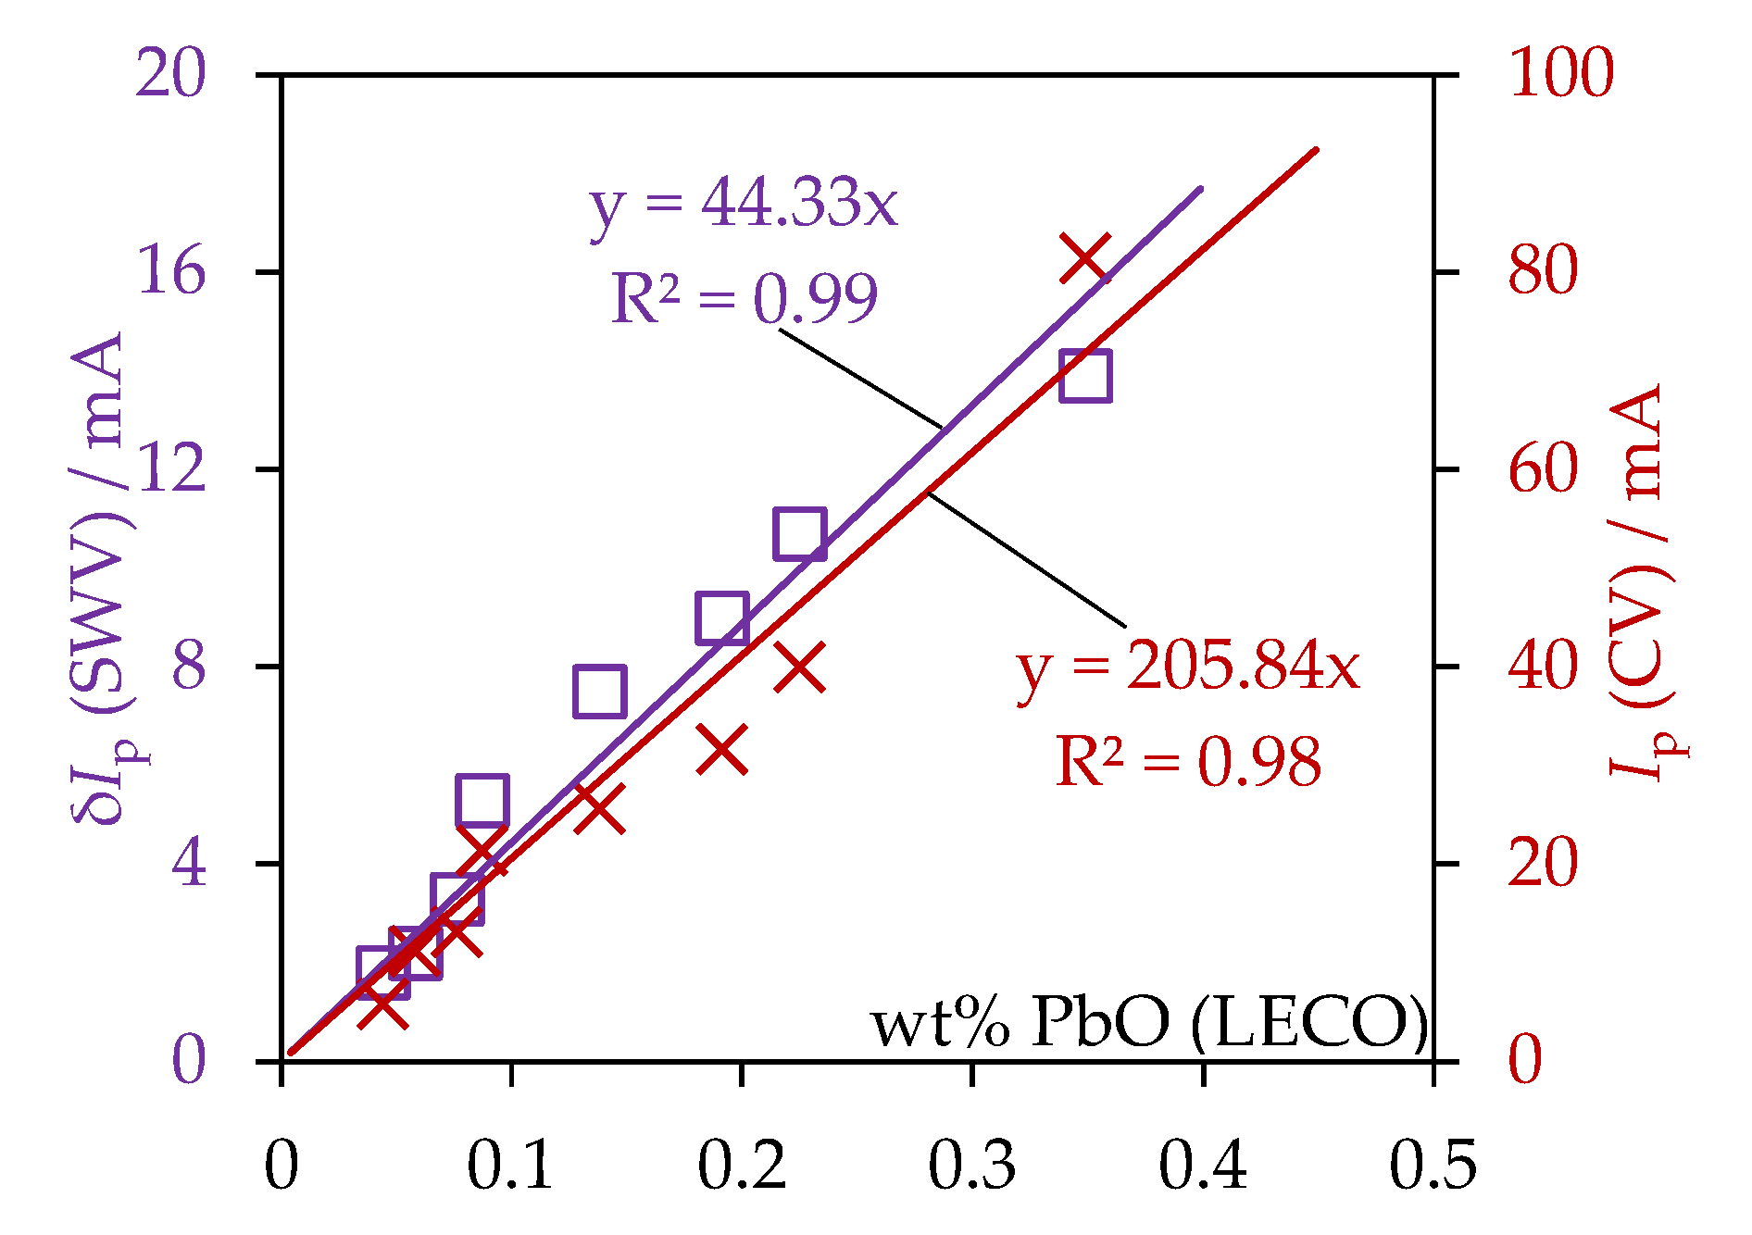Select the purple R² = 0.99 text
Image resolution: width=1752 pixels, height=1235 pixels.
point(744,298)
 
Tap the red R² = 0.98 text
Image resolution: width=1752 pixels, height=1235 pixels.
point(1188,762)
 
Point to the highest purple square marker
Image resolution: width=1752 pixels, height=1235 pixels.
point(1085,376)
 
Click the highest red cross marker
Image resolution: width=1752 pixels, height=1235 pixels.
point(1084,257)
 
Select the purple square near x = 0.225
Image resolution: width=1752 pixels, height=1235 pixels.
point(800,533)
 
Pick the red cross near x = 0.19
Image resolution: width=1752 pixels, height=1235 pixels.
point(721,749)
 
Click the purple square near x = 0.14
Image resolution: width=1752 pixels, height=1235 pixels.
point(599,691)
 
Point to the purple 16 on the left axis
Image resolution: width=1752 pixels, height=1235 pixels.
point(170,272)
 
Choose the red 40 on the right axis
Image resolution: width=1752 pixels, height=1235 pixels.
point(1543,667)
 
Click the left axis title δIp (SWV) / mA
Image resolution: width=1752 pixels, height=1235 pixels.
point(98,579)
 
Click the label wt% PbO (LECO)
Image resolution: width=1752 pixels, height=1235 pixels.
point(1149,1023)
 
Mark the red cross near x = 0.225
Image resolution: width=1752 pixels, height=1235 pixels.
point(800,667)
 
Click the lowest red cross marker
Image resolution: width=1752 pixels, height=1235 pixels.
point(382,1007)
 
